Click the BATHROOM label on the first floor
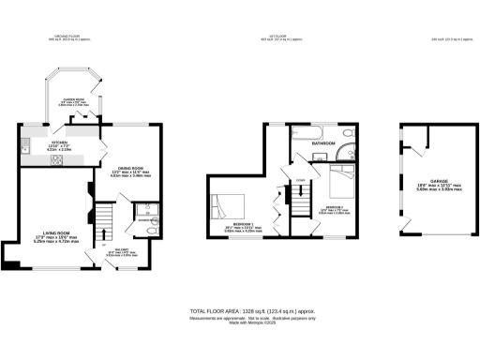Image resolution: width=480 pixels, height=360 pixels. point(324,142)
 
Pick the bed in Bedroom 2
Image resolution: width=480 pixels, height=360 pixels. point(338,178)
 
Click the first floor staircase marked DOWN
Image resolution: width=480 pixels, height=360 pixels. point(299,197)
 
